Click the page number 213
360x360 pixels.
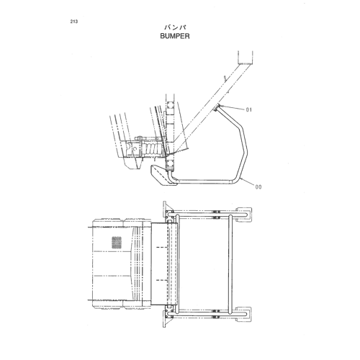pos(74,22)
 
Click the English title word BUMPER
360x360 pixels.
pos(175,36)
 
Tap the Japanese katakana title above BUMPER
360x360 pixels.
pos(175,27)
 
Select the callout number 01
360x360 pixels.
pos(249,109)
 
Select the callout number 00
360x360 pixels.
pos(258,186)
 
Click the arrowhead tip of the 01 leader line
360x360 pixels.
pos(219,105)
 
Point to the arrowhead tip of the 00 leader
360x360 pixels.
pos(240,179)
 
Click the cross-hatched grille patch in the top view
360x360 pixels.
pos(117,243)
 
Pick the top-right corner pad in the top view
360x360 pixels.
pos(244,214)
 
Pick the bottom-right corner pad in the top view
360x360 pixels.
pos(244,314)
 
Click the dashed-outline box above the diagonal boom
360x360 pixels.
pos(246,58)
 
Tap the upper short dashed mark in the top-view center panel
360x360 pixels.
pos(162,247)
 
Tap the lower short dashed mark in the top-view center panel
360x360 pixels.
pos(162,280)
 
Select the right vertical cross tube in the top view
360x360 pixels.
pos(230,264)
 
